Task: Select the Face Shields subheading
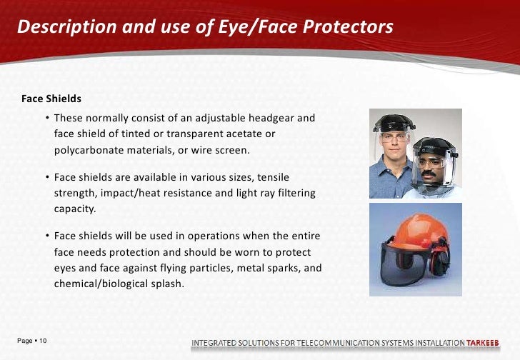(x=51, y=99)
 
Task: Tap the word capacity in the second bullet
(x=74, y=210)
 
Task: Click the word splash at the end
(x=171, y=284)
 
